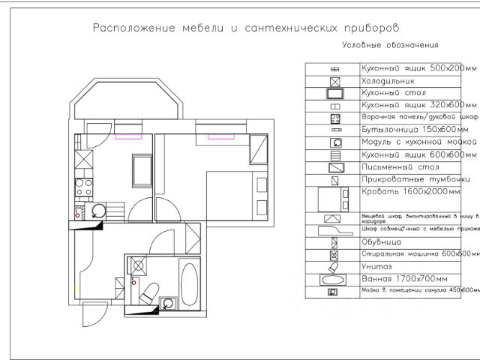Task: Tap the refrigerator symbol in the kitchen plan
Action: (83, 160)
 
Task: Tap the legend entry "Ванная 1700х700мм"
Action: (404, 279)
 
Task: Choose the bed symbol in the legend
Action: (331, 199)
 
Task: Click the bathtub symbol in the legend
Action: (333, 280)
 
